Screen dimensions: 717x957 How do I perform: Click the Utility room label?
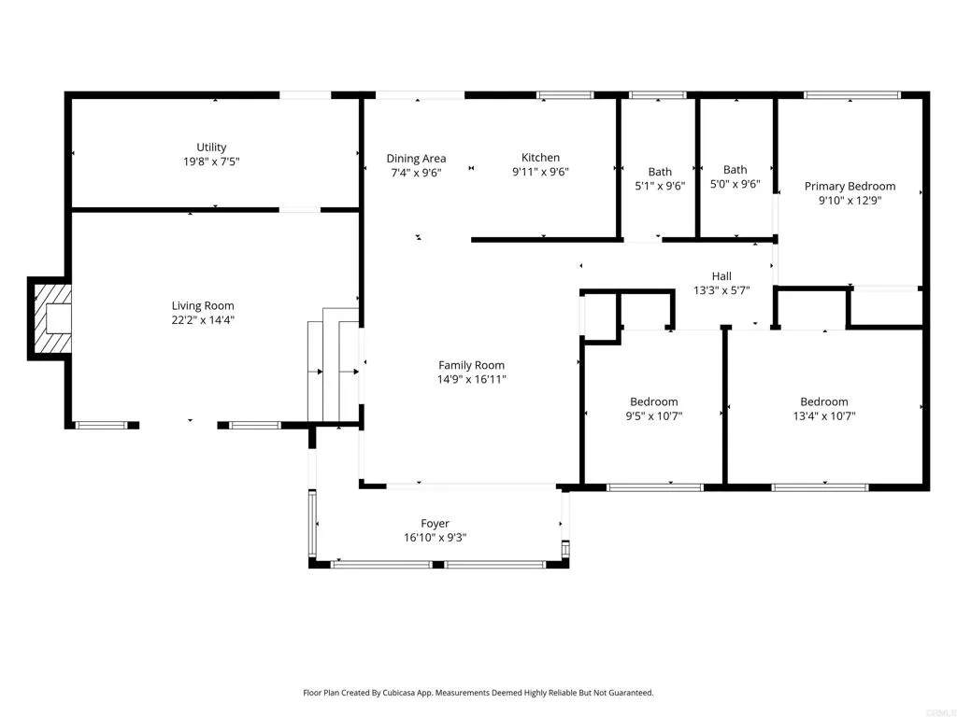[211, 148]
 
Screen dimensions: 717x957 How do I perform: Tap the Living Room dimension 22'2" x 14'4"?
[203, 320]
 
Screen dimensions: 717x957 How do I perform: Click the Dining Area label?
[416, 159]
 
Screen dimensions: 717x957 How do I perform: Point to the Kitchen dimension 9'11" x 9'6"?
[540, 172]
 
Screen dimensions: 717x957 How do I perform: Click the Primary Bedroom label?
[850, 187]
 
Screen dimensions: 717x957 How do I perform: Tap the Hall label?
[721, 276]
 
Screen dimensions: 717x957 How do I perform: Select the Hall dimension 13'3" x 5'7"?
[721, 290]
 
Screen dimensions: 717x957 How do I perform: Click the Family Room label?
[472, 366]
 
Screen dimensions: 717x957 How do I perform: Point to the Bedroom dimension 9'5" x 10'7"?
[653, 416]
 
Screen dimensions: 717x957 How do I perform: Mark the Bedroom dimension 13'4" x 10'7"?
[823, 416]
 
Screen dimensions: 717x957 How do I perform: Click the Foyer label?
[435, 524]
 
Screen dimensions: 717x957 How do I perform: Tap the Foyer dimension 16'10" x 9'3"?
[435, 538]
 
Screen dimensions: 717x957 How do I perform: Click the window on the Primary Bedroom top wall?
[851, 95]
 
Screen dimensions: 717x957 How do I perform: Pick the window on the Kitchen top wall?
[564, 95]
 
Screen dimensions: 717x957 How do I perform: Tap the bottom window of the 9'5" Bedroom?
[654, 486]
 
